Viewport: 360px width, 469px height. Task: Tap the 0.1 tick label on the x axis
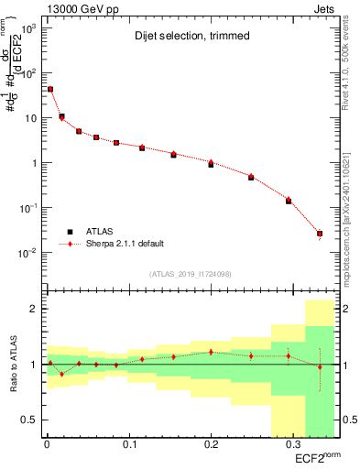[x=128, y=444]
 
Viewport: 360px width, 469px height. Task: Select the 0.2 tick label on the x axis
[x=211, y=444]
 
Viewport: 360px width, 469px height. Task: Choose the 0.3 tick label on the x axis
[x=293, y=444]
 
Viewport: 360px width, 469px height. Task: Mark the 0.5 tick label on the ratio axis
[x=31, y=420]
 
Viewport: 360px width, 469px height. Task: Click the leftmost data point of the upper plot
[x=50, y=90]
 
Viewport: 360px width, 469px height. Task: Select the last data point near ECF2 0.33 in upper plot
[x=320, y=234]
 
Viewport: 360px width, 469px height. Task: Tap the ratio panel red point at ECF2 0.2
[x=211, y=352]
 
